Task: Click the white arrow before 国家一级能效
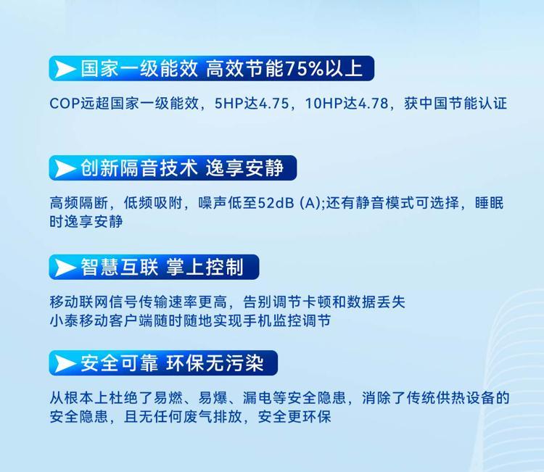pos(65,69)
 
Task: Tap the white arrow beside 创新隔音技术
pos(65,168)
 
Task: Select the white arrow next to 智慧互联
pos(65,268)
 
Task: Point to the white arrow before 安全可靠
pos(65,363)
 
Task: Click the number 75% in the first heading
pos(304,69)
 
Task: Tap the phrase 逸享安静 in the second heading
pos(245,168)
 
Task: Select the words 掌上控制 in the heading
pos(205,268)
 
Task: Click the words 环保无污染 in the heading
pos(215,363)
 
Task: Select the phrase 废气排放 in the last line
pos(213,416)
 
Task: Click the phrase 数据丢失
pos(376,302)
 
